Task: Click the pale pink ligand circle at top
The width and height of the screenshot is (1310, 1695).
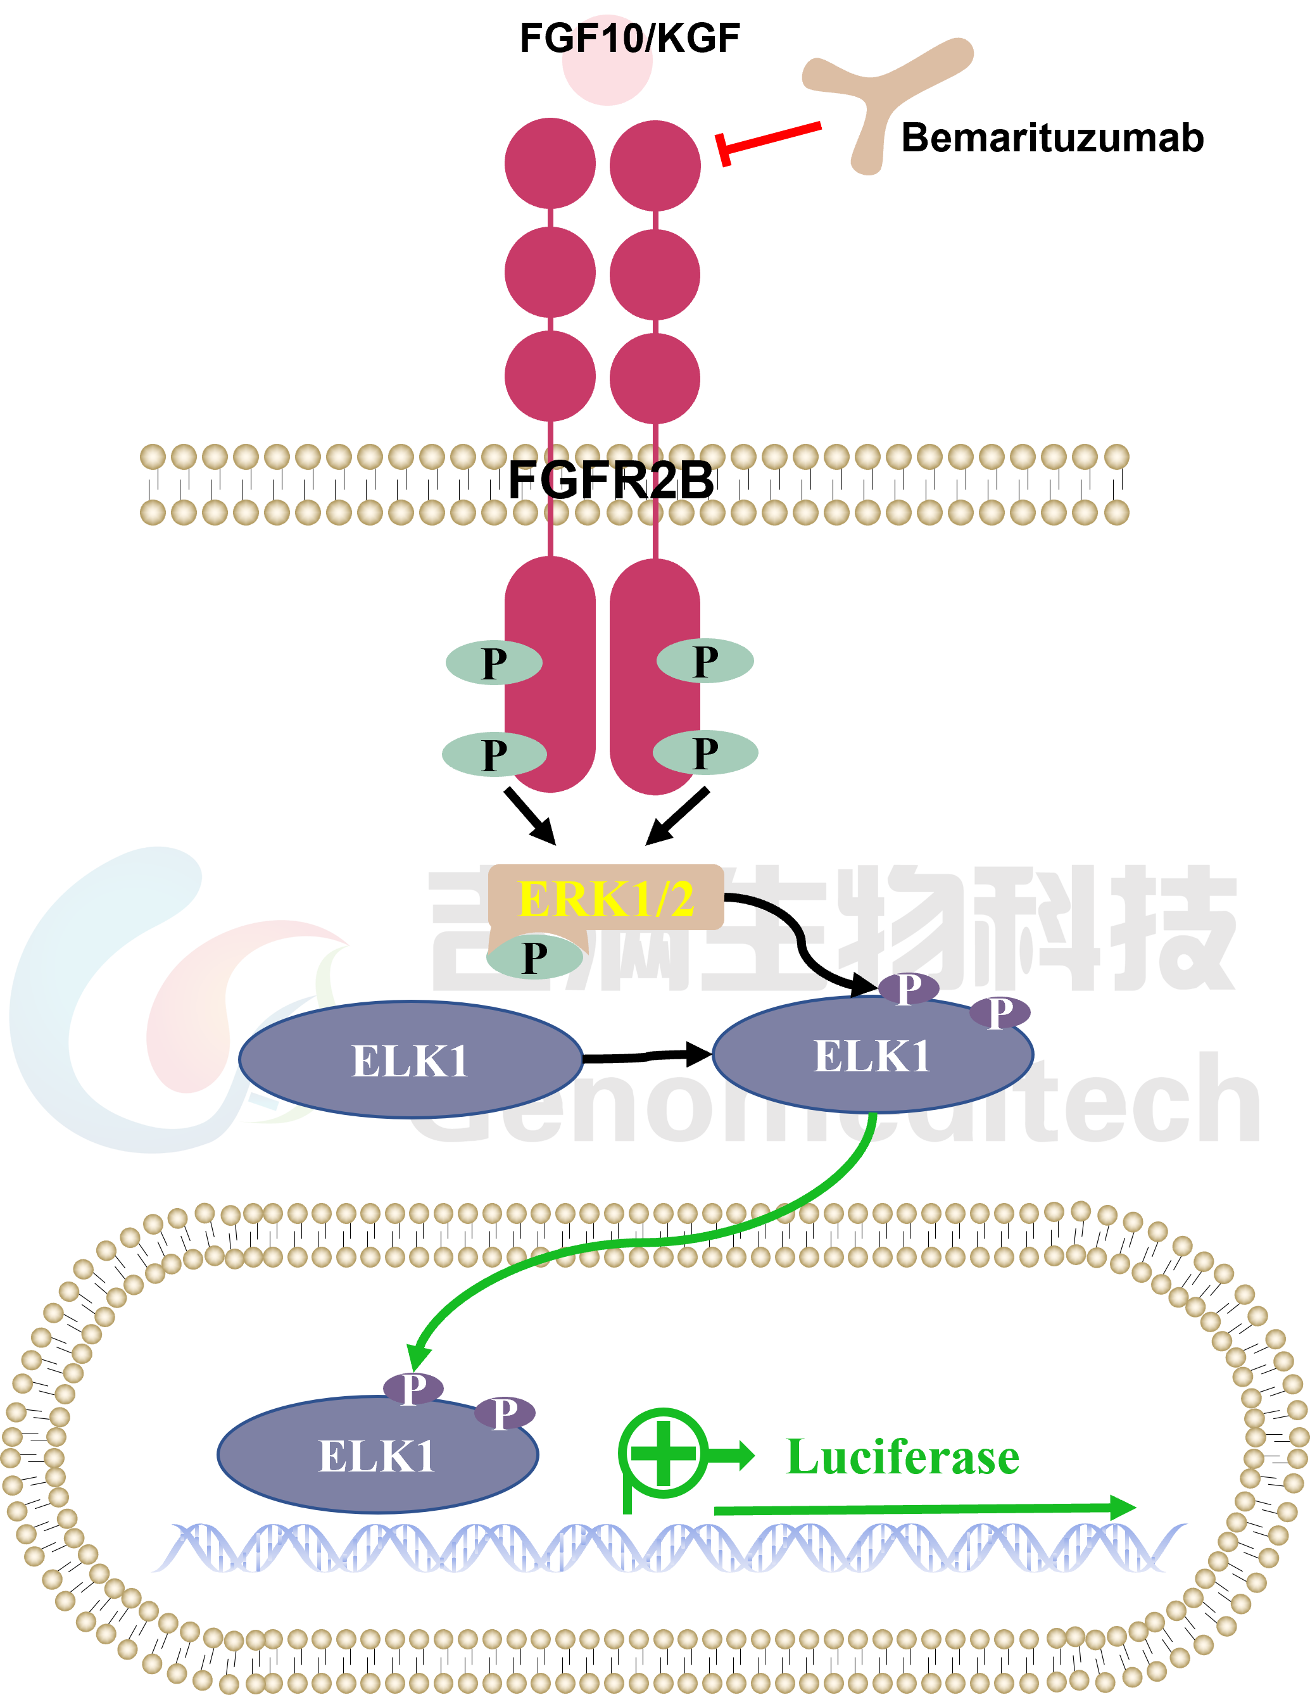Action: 607,62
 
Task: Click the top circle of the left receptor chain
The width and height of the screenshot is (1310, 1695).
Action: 550,163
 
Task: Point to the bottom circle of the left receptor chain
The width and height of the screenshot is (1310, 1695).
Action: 550,376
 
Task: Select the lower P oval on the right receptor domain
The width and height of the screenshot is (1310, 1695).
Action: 705,753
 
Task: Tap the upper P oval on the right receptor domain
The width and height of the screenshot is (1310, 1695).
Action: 705,661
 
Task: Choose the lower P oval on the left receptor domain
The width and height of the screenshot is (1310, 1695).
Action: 494,754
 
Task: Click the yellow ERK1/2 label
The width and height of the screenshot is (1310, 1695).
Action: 606,898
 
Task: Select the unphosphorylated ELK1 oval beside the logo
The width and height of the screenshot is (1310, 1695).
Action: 410,1060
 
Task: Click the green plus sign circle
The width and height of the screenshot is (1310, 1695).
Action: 663,1453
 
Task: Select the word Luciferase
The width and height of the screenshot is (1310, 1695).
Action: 903,1457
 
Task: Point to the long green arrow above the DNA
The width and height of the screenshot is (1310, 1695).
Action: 924,1508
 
